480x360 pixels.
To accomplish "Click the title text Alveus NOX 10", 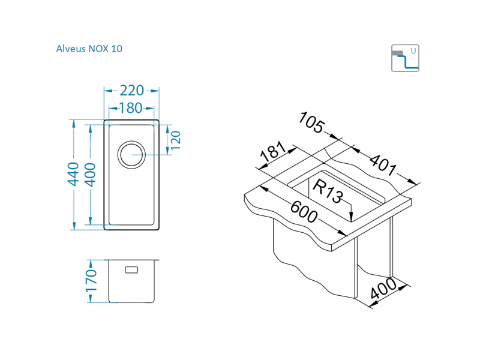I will [89, 49].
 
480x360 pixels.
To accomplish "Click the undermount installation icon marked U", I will [405, 58].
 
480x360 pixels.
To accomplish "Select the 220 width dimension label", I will [131, 91].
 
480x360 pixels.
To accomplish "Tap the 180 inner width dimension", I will [130, 109].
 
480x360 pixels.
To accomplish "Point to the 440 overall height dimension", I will [73, 174].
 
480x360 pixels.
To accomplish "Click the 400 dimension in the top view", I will [89, 174].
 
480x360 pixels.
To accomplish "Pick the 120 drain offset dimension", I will [176, 140].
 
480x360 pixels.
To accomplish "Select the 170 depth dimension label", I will [91, 281].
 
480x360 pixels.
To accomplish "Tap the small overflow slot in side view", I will [131, 270].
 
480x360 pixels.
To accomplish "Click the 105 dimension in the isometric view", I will [311, 123].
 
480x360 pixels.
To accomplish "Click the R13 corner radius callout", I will [327, 191].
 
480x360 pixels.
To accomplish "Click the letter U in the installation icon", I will [413, 51].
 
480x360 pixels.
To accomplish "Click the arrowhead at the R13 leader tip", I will [350, 218].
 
